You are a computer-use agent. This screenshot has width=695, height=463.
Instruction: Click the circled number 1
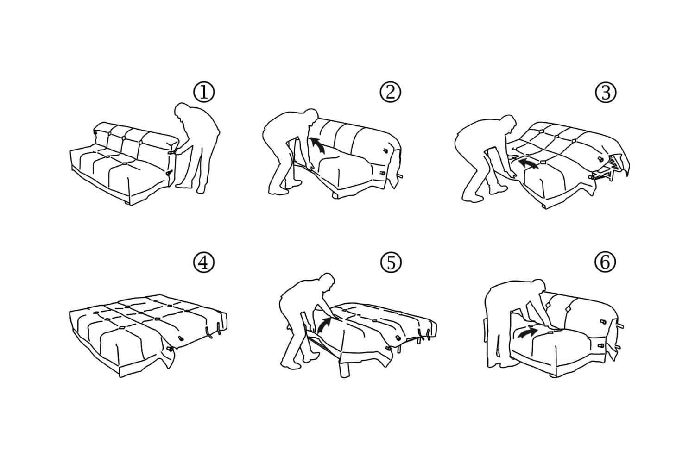[204, 93]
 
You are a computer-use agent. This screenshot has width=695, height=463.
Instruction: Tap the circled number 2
[390, 92]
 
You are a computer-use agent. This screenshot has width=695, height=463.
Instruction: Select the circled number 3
[605, 93]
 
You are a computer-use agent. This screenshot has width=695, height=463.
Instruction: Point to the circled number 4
[204, 263]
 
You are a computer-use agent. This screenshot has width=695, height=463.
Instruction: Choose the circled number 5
[390, 263]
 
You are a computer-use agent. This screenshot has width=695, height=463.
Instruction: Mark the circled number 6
[605, 263]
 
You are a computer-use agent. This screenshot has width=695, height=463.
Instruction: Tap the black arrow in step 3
[529, 163]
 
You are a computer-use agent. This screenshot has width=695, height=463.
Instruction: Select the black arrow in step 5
[326, 322]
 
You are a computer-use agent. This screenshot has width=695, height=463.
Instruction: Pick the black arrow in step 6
[527, 332]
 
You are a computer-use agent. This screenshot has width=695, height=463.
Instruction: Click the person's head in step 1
[182, 113]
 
